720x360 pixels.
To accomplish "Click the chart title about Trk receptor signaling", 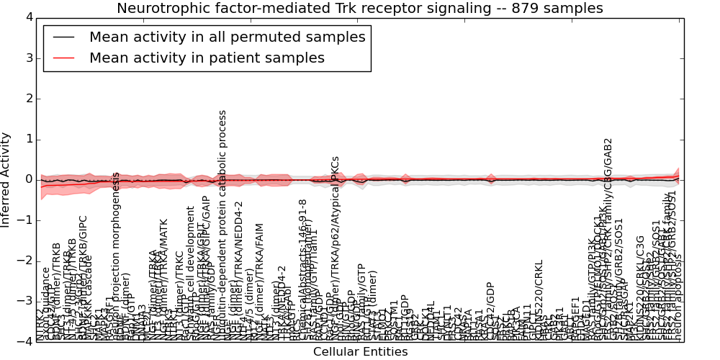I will [x=360, y=9].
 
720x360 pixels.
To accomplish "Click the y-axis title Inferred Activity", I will [x=6, y=179].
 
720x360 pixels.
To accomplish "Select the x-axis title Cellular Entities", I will [x=360, y=352].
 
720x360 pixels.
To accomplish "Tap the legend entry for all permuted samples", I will [x=227, y=37].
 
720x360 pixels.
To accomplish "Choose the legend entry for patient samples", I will [x=207, y=58].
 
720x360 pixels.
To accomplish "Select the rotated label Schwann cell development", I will [x=191, y=274].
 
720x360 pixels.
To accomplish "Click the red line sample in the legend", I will [x=64, y=58].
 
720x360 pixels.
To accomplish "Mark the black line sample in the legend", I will [x=64, y=37].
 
